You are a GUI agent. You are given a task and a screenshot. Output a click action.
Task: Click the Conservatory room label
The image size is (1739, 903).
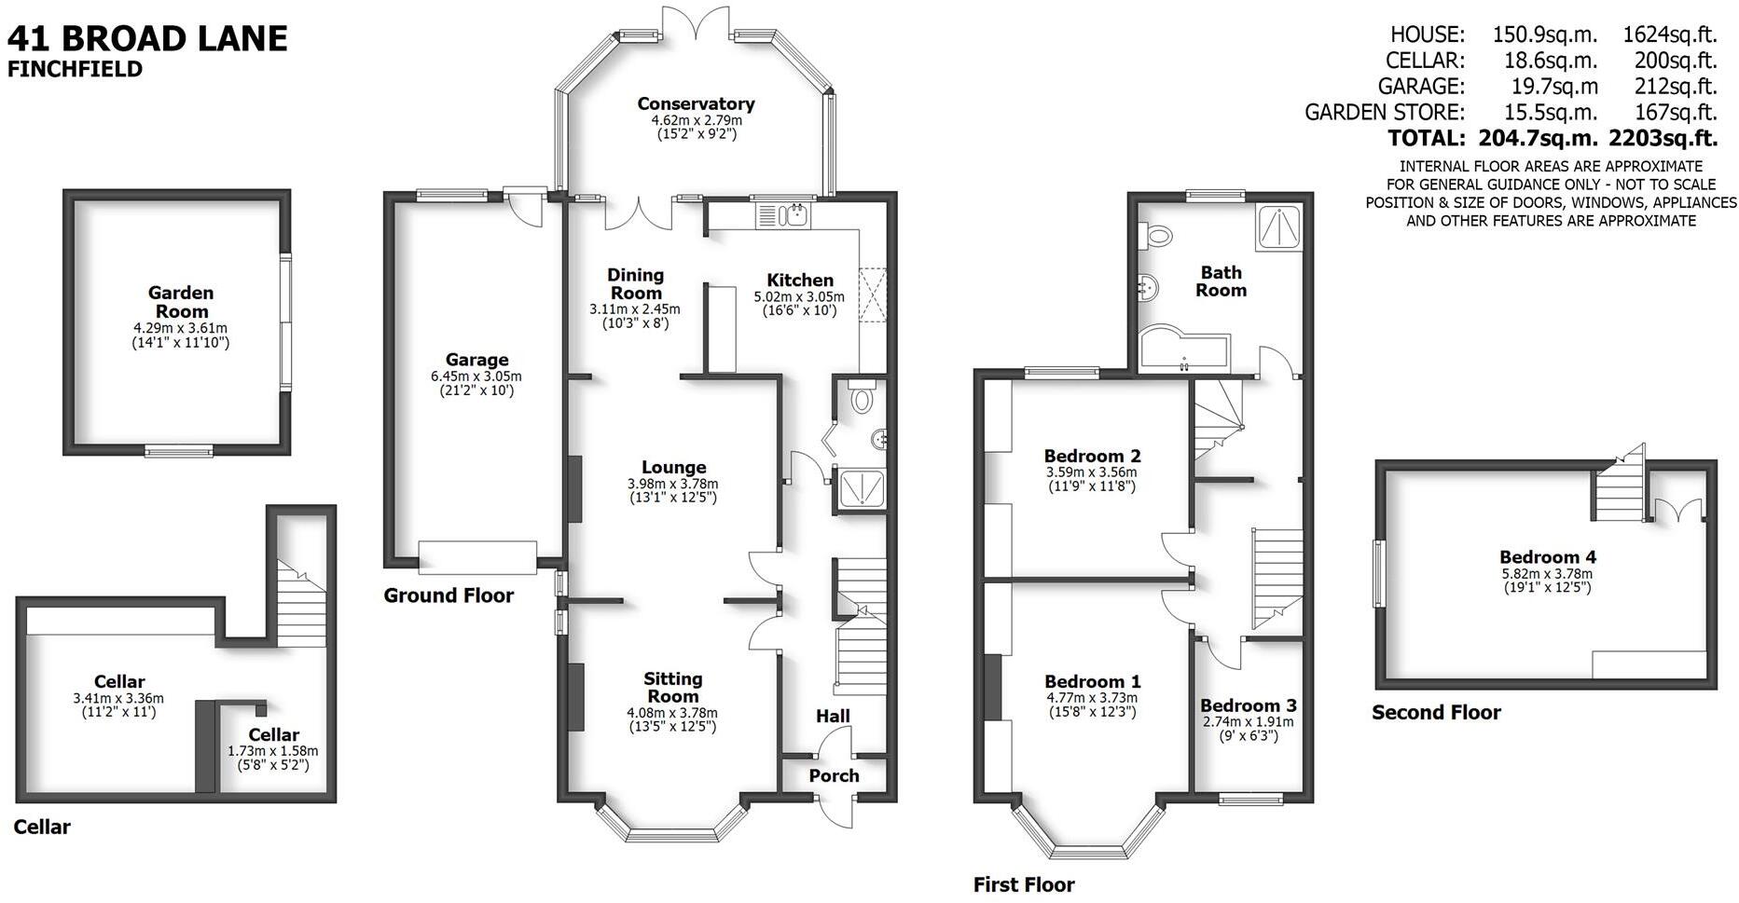click(x=696, y=103)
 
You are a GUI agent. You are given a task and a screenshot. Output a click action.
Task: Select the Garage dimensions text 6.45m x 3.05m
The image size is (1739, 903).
click(x=476, y=376)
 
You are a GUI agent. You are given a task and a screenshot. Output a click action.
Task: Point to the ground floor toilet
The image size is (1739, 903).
click(x=861, y=399)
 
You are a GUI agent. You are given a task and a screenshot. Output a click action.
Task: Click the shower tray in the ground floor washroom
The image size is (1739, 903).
click(x=861, y=488)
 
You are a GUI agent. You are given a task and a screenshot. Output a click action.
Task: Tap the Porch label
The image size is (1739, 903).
click(x=834, y=775)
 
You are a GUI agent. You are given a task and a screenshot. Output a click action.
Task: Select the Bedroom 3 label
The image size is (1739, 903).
click(x=1248, y=705)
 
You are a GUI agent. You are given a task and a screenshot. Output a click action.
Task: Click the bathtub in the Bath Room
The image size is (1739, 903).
click(x=1180, y=348)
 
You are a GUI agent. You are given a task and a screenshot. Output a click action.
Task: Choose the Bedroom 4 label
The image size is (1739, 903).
click(x=1548, y=557)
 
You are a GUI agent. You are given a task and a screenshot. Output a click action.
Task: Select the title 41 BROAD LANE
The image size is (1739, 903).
click(x=147, y=38)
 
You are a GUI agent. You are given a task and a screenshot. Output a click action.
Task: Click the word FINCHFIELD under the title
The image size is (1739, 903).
click(x=75, y=69)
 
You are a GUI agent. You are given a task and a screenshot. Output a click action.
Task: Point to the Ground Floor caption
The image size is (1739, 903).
click(x=449, y=595)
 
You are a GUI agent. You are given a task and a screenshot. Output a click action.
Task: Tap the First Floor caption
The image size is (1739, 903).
click(x=1024, y=884)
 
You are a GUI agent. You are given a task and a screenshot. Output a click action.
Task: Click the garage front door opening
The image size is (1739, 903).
click(x=476, y=557)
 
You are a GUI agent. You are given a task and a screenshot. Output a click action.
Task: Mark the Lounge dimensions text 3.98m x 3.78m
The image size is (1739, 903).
click(x=672, y=484)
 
